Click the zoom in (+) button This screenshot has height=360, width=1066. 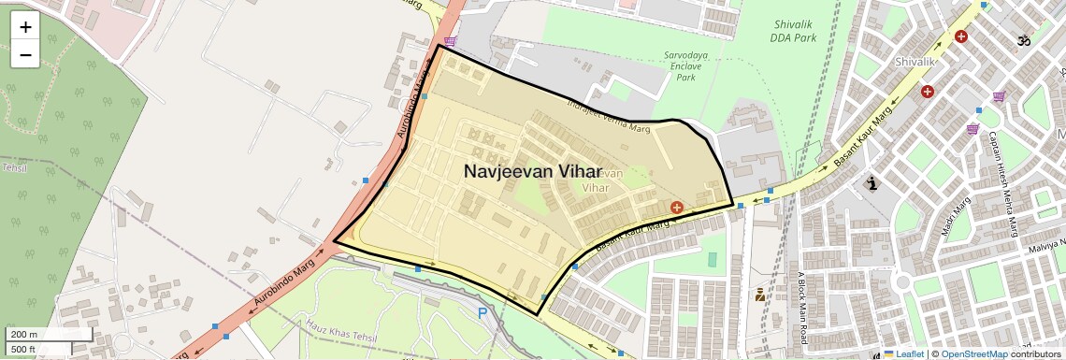point(25,27)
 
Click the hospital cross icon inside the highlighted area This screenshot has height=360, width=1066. point(676,206)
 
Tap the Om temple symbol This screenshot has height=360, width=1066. point(1023,40)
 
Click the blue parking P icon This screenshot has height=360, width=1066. point(483,314)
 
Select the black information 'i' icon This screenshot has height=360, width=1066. point(872,183)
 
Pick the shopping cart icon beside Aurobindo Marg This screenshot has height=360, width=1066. point(451,41)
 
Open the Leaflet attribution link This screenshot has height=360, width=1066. point(903,353)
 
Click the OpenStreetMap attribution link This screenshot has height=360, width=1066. point(973,353)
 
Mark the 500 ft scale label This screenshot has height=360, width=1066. point(23,350)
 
